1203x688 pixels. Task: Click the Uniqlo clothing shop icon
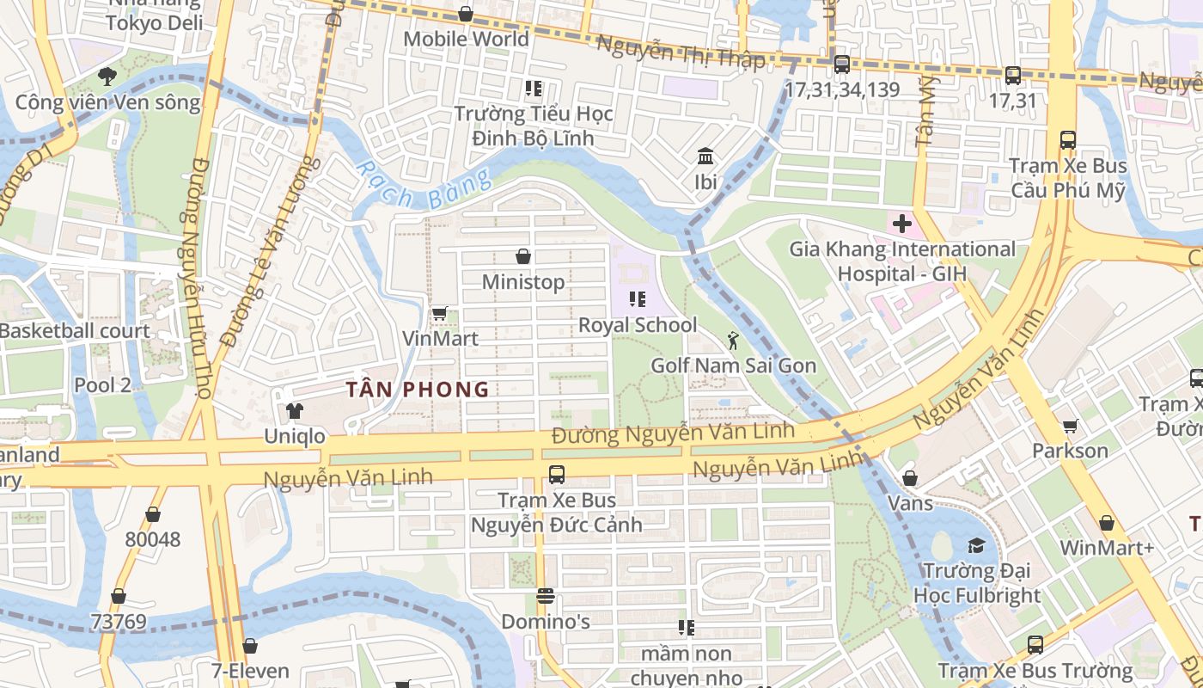pos(295,411)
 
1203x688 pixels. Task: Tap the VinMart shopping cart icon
pos(439,313)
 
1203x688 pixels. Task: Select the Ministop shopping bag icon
pos(522,256)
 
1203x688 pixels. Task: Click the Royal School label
pos(638,325)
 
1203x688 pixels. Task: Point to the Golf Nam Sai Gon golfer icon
pos(733,341)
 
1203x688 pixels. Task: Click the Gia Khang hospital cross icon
pos(901,224)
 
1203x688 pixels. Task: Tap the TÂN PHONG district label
pos(418,390)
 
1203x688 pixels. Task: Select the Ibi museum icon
pos(705,157)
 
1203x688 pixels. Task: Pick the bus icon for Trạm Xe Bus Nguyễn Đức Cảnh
pos(556,474)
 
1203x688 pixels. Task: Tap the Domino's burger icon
pos(545,595)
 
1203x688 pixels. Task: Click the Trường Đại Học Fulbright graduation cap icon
pos(976,545)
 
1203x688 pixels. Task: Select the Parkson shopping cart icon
pos(1070,426)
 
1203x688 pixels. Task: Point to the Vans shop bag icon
pos(910,477)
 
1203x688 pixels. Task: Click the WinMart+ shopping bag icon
pos(1107,523)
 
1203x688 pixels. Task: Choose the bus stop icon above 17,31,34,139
pos(841,64)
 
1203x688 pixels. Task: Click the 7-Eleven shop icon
pos(249,645)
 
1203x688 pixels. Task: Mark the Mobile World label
pos(466,39)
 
